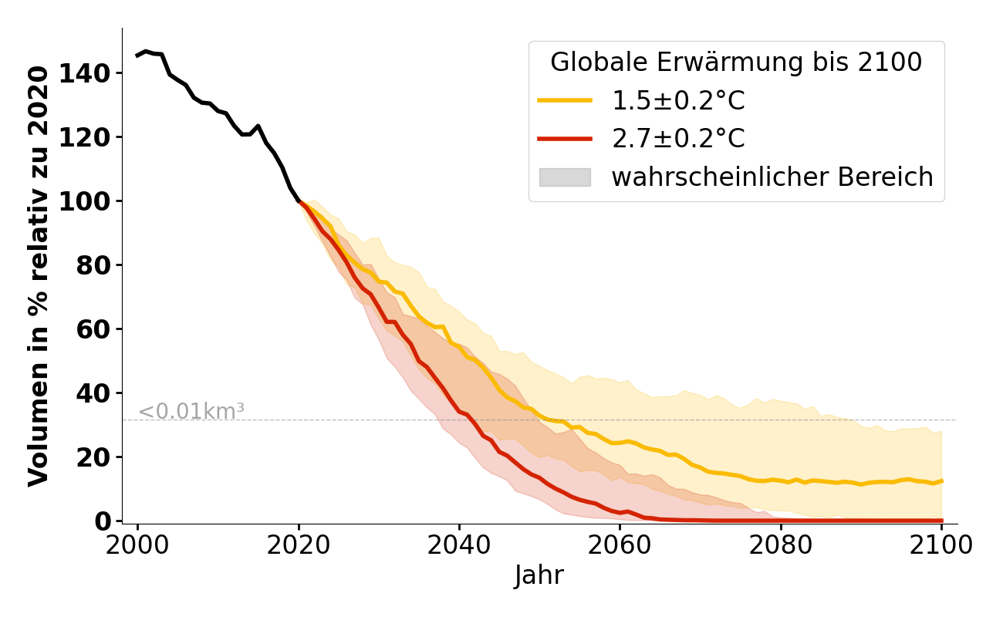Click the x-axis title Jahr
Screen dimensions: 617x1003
[x=539, y=575]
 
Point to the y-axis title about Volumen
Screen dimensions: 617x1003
[x=39, y=275]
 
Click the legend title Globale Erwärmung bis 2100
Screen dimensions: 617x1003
[x=736, y=62]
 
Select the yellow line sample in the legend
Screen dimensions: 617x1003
[x=565, y=100]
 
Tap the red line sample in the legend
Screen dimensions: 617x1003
[x=565, y=139]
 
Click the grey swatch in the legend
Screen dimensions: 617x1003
[x=565, y=177]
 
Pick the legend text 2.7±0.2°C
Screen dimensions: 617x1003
[x=678, y=139]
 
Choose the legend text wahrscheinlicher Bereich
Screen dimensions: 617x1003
[x=772, y=177]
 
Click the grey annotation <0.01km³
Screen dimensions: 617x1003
[x=191, y=412]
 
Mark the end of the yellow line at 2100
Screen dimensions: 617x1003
[x=941, y=481]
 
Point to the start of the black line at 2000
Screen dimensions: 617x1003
[x=138, y=56]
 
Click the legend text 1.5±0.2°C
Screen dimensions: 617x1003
[x=678, y=100]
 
